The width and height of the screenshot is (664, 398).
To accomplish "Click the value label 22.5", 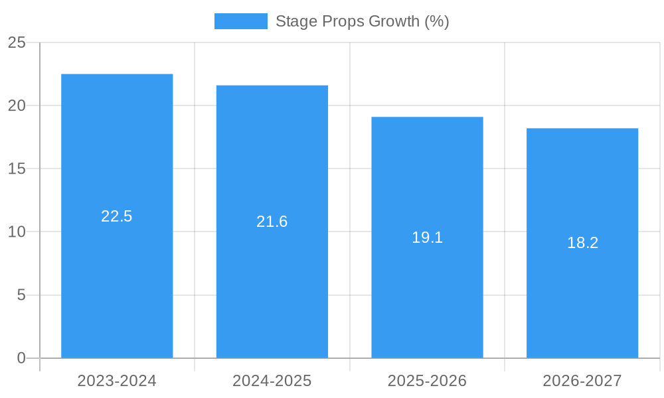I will click(x=117, y=216).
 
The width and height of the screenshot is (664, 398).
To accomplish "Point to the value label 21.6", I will click(x=272, y=222).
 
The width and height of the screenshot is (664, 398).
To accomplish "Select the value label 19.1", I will click(x=427, y=237).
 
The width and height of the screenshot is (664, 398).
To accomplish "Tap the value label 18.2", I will click(x=582, y=243).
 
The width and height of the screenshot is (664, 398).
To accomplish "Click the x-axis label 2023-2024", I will click(x=117, y=381).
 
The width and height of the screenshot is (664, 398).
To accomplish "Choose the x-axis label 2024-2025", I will click(x=272, y=381).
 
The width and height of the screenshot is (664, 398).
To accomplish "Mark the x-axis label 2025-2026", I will click(x=427, y=381).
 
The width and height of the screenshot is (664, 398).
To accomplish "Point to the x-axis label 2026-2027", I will click(x=582, y=381).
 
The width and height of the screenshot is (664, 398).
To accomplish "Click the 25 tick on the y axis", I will click(x=17, y=42).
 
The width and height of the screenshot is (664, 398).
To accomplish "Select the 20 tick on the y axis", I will click(x=17, y=105).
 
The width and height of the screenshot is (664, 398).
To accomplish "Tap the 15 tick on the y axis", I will click(x=17, y=168).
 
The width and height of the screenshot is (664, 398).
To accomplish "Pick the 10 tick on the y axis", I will click(x=17, y=232).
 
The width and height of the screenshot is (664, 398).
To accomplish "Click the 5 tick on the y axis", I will click(x=21, y=295).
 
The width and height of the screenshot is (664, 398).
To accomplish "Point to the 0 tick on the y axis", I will click(x=21, y=358).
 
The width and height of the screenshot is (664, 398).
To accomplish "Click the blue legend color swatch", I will click(x=240, y=21).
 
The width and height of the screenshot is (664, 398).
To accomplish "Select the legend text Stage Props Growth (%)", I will click(x=363, y=21).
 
